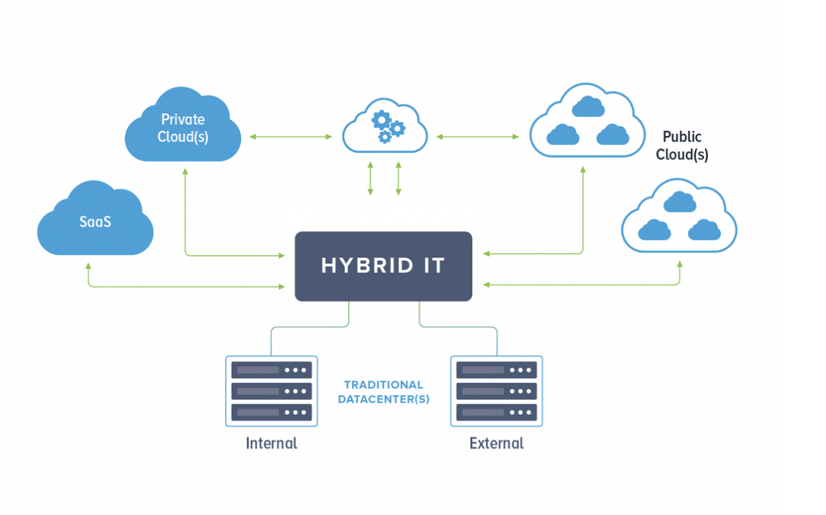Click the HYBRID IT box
(x=383, y=266)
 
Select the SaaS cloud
(x=95, y=220)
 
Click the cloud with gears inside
(x=385, y=127)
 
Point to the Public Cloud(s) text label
(x=682, y=145)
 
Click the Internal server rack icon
(x=271, y=391)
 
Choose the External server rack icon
(x=496, y=391)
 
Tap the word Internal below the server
(x=271, y=443)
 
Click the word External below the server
(x=496, y=443)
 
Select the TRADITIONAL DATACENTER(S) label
(x=383, y=392)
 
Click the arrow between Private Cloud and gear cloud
(x=291, y=137)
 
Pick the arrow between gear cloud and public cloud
(x=478, y=137)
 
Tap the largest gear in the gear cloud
(x=381, y=121)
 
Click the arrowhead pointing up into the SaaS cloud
(x=89, y=267)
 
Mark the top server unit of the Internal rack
(x=271, y=370)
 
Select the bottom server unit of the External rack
(x=496, y=412)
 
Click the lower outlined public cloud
(x=679, y=216)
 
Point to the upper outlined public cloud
(x=587, y=121)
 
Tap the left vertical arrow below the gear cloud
(x=370, y=179)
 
